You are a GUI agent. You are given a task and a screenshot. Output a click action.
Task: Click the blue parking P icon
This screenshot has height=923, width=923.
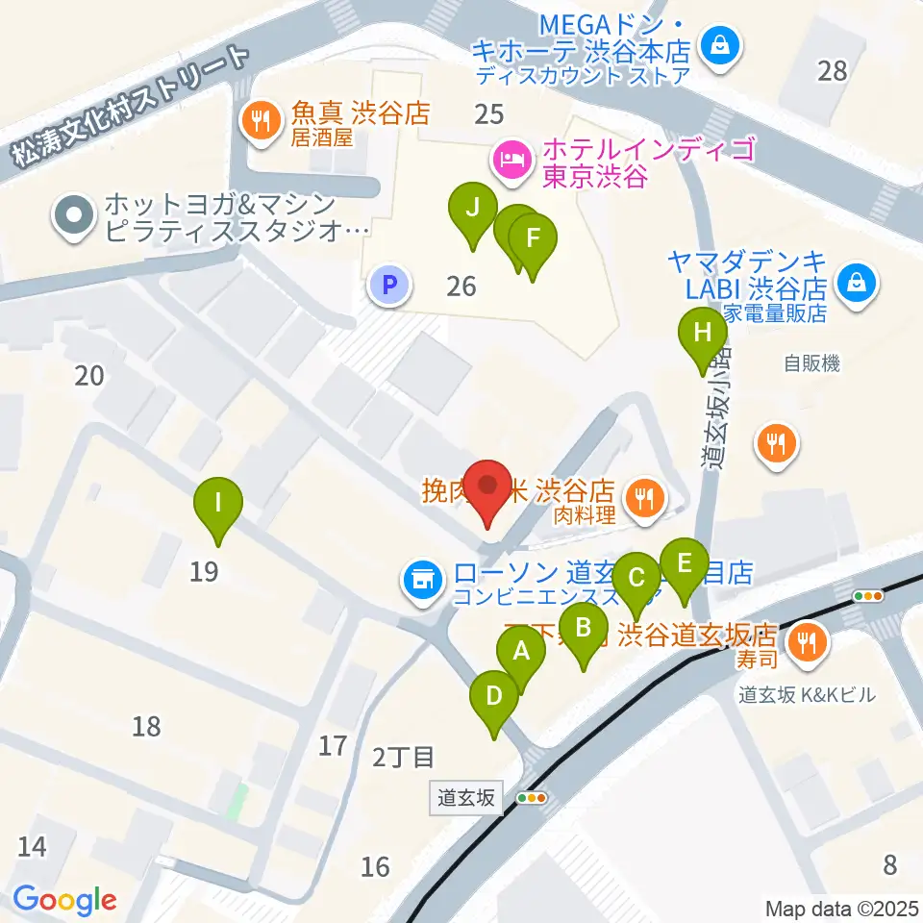click(389, 285)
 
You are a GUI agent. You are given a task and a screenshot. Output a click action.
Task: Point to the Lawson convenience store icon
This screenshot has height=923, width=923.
click(420, 579)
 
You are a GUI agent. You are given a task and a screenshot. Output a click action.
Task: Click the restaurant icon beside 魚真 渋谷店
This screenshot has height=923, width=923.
click(259, 120)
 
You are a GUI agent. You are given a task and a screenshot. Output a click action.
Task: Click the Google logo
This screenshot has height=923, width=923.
click(64, 900)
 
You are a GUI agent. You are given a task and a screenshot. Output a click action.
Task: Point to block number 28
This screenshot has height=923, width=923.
click(833, 69)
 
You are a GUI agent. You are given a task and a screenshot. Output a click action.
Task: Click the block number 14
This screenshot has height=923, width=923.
click(32, 846)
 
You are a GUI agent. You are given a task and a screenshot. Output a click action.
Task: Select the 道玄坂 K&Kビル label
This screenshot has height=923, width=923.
click(807, 693)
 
